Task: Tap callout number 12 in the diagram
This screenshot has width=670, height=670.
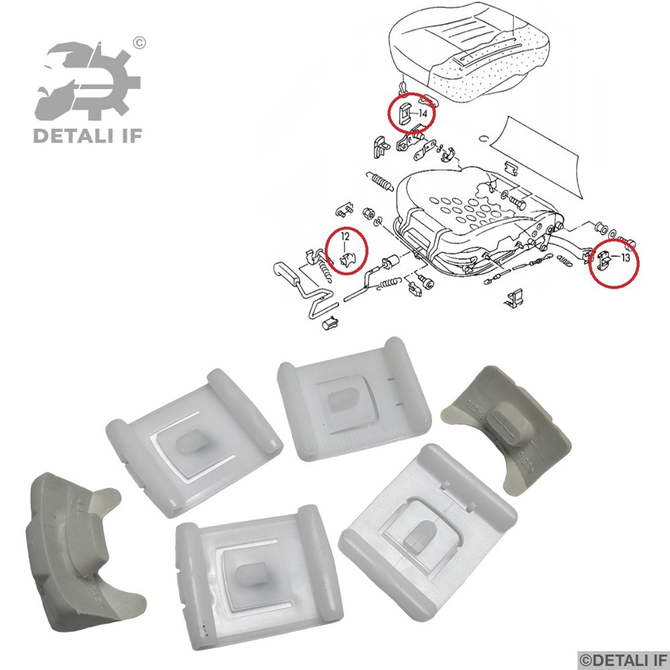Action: pyautogui.click(x=346, y=237)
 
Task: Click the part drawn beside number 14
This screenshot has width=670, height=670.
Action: pyautogui.click(x=405, y=114)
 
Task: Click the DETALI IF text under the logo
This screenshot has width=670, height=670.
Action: pyautogui.click(x=87, y=137)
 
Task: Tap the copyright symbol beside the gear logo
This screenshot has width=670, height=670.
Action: pyautogui.click(x=139, y=44)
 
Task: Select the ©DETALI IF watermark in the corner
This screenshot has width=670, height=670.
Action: pyautogui.click(x=622, y=659)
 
